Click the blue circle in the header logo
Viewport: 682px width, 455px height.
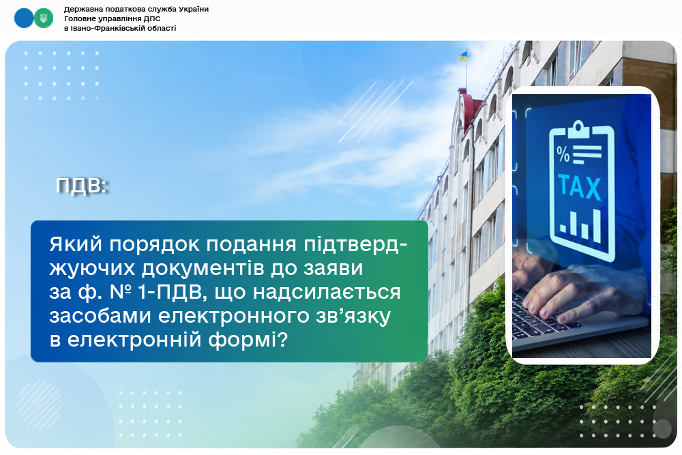tap(24, 18)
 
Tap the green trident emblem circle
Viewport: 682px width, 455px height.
tap(44, 18)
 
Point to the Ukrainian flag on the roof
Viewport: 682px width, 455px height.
tap(462, 56)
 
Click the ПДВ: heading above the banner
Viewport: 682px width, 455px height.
tap(81, 186)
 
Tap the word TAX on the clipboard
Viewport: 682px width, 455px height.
tap(579, 187)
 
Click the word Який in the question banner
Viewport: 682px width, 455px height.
tap(76, 244)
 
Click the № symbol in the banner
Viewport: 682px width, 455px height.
tap(121, 291)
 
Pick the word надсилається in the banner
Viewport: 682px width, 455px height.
tap(326, 293)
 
